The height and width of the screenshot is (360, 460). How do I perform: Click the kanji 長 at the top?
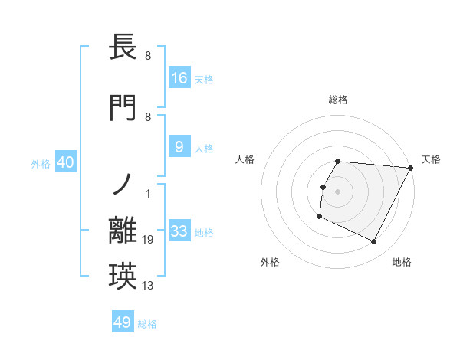123,47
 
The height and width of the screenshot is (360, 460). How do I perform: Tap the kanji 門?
123,107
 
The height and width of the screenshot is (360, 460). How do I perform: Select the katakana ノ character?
123,185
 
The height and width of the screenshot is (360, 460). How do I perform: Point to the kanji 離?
123,231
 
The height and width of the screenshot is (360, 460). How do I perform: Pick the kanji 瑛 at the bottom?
123,276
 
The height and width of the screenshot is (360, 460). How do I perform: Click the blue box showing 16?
179,78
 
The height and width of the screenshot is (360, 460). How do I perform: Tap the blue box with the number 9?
179,148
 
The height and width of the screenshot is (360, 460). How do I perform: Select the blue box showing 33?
179,231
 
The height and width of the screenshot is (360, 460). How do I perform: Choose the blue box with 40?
65,162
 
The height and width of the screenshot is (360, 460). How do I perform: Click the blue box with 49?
123,322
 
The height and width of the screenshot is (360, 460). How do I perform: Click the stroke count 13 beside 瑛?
149,286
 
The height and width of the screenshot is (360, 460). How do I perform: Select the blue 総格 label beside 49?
147,324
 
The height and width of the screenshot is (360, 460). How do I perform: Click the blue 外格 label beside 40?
41,164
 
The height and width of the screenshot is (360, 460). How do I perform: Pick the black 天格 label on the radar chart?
431,159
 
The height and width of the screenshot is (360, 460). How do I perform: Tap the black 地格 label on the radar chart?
402,262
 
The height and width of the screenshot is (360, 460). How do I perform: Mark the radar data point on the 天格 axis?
411,169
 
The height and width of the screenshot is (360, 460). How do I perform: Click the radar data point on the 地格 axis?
374,242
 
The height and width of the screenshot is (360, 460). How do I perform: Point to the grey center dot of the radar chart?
337,191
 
